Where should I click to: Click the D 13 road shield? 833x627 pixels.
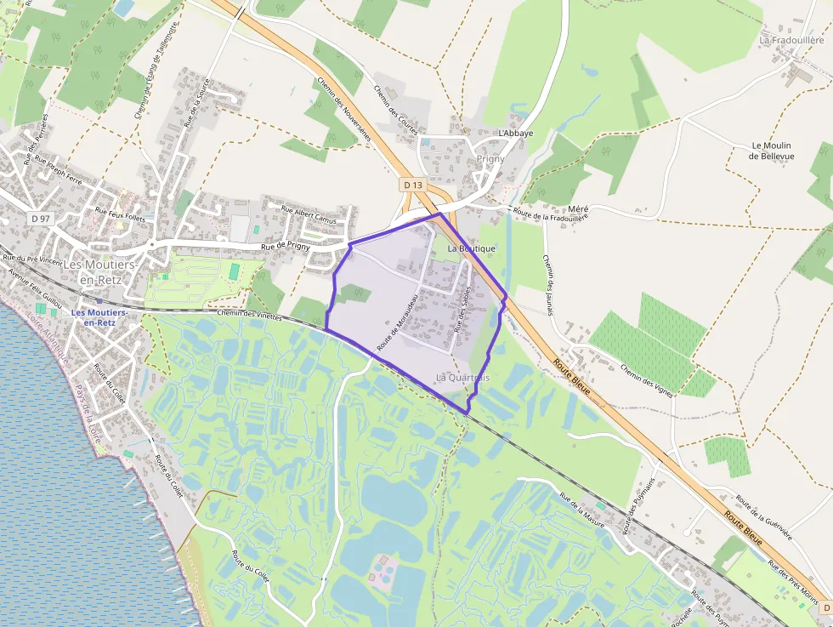(x=412, y=185)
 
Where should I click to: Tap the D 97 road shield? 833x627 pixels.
(x=40, y=219)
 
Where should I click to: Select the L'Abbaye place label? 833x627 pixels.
(x=516, y=134)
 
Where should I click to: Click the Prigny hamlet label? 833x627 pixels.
(x=490, y=159)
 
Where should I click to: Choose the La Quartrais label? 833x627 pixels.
(x=462, y=377)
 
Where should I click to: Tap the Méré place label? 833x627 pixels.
(x=578, y=209)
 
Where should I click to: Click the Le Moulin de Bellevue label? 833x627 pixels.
(x=772, y=151)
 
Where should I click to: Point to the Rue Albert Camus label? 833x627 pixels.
(x=309, y=215)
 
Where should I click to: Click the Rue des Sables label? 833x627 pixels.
(x=465, y=308)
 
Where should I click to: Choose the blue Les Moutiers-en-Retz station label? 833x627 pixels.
(x=99, y=317)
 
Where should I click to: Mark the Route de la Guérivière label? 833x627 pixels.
(x=764, y=517)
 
